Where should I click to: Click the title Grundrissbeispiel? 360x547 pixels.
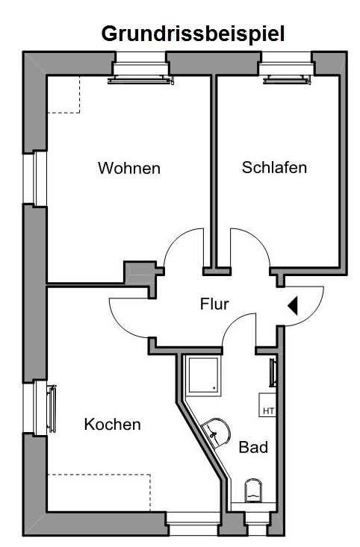[193, 34]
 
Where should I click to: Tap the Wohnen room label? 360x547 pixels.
[129, 168]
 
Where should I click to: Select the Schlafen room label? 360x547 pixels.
[274, 167]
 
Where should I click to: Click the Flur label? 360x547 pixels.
[214, 304]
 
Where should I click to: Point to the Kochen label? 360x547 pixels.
[113, 425]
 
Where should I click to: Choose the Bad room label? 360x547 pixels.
[253, 447]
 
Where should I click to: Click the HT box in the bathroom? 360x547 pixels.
[267, 405]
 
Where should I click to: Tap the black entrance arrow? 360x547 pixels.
[293, 306]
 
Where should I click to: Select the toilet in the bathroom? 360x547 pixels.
[253, 490]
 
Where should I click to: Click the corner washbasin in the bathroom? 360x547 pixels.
[217, 432]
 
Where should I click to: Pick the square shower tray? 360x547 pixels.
[203, 375]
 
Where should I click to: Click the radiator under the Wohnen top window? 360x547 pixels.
[140, 81]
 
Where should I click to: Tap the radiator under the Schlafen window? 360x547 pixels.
[287, 80]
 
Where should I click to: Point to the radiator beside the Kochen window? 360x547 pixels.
[52, 409]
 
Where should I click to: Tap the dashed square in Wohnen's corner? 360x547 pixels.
[63, 94]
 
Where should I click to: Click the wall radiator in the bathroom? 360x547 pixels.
[273, 372]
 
